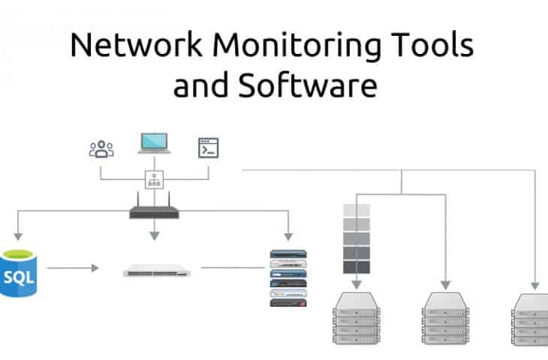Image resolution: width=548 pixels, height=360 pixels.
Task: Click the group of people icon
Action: click(x=101, y=148)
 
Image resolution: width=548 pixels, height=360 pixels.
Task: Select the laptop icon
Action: click(x=154, y=143)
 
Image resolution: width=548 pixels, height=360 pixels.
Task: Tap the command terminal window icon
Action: click(x=208, y=148)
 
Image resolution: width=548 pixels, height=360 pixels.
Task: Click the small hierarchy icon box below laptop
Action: click(x=154, y=180)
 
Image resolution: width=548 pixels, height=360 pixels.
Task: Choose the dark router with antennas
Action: click(x=154, y=209)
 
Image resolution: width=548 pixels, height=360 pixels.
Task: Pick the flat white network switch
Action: click(x=156, y=270)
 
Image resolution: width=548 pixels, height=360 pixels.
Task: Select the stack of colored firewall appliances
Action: click(x=289, y=277)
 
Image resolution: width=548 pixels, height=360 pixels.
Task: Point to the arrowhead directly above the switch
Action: click(x=154, y=235)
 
